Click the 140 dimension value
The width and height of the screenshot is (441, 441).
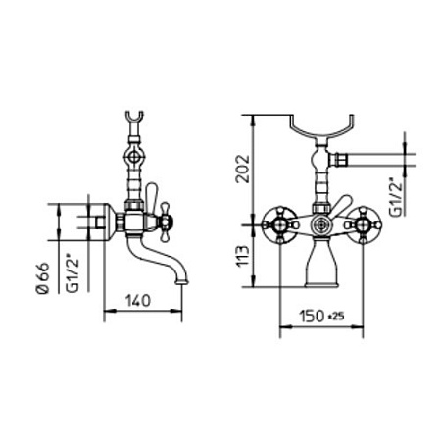point(138,301)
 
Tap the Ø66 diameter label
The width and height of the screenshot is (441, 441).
point(43,278)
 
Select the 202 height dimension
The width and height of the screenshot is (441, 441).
point(243,169)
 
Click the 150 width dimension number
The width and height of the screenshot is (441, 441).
point(312,316)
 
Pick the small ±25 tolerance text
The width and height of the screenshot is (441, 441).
point(335,316)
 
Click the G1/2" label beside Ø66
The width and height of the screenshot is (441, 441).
point(73,273)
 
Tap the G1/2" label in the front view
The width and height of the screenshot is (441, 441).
point(395,197)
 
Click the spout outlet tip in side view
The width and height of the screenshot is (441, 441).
point(181,282)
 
